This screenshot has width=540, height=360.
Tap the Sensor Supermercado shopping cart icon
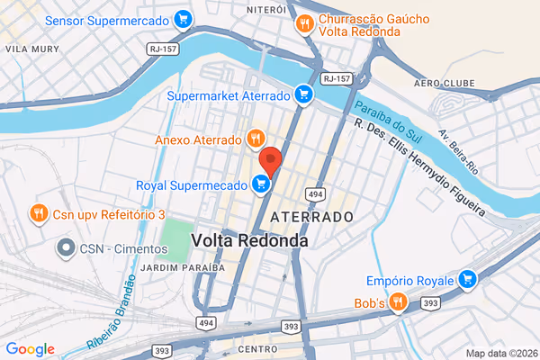183,18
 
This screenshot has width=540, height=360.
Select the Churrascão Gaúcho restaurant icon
305,24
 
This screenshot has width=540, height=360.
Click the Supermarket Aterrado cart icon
304,94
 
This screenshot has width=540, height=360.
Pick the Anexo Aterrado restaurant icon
256,139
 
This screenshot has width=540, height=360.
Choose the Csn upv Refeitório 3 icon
38,214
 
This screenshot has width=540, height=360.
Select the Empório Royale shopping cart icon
466,280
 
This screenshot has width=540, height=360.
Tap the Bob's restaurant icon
400,303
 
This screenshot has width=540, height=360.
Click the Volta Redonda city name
249,241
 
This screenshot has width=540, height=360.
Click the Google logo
30,349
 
